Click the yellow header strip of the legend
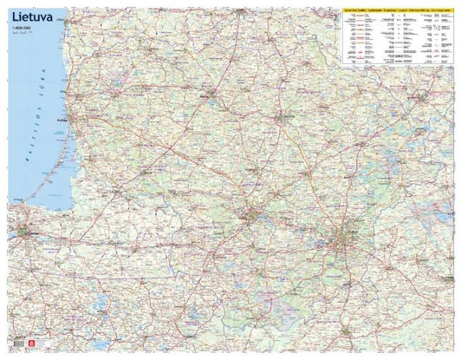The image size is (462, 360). [x=398, y=6]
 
